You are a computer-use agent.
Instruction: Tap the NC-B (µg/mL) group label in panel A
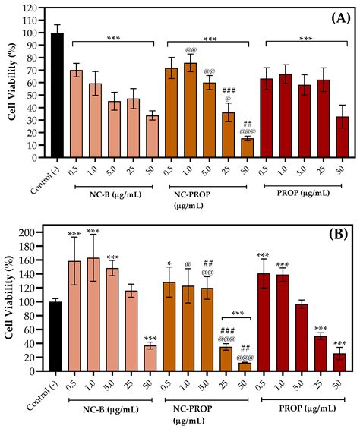pyautogui.click(x=113, y=191)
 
